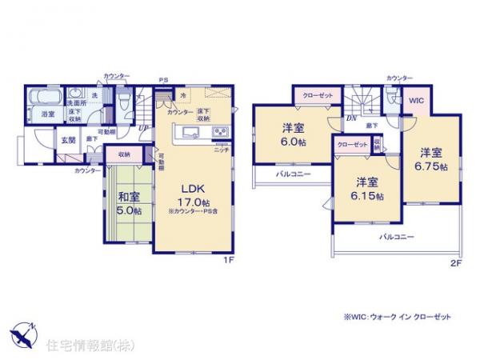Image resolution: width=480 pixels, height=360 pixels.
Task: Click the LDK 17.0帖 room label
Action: [196, 195]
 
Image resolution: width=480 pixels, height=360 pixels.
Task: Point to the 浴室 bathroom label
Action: [48, 114]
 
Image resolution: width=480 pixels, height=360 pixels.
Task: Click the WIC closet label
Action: [416, 102]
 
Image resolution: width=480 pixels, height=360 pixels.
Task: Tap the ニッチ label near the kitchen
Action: [220, 150]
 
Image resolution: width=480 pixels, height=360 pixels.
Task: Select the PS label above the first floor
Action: [162, 79]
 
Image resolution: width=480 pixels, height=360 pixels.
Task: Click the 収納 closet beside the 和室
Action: [124, 154]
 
